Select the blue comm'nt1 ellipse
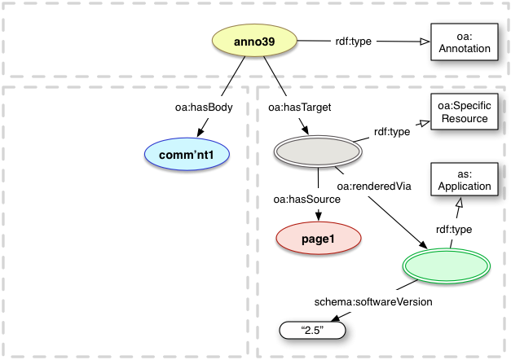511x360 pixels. [x=186, y=153]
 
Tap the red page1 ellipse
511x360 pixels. [x=317, y=239]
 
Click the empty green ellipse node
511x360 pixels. [x=446, y=266]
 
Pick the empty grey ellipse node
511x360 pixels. [x=317, y=152]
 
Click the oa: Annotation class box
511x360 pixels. [x=462, y=42]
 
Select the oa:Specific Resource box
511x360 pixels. [x=462, y=112]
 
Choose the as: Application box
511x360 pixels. [x=462, y=179]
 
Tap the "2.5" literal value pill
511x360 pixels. [x=314, y=331]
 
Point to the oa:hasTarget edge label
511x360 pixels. [x=291, y=106]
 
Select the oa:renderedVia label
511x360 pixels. [x=372, y=187]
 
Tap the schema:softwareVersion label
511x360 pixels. [x=373, y=301]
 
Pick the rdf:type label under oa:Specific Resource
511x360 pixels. [x=391, y=131]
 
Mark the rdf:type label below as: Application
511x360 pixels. [x=452, y=230]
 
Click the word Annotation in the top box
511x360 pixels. [x=462, y=49]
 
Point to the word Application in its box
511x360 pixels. [x=462, y=187]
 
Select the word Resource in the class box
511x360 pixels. [x=462, y=118]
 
